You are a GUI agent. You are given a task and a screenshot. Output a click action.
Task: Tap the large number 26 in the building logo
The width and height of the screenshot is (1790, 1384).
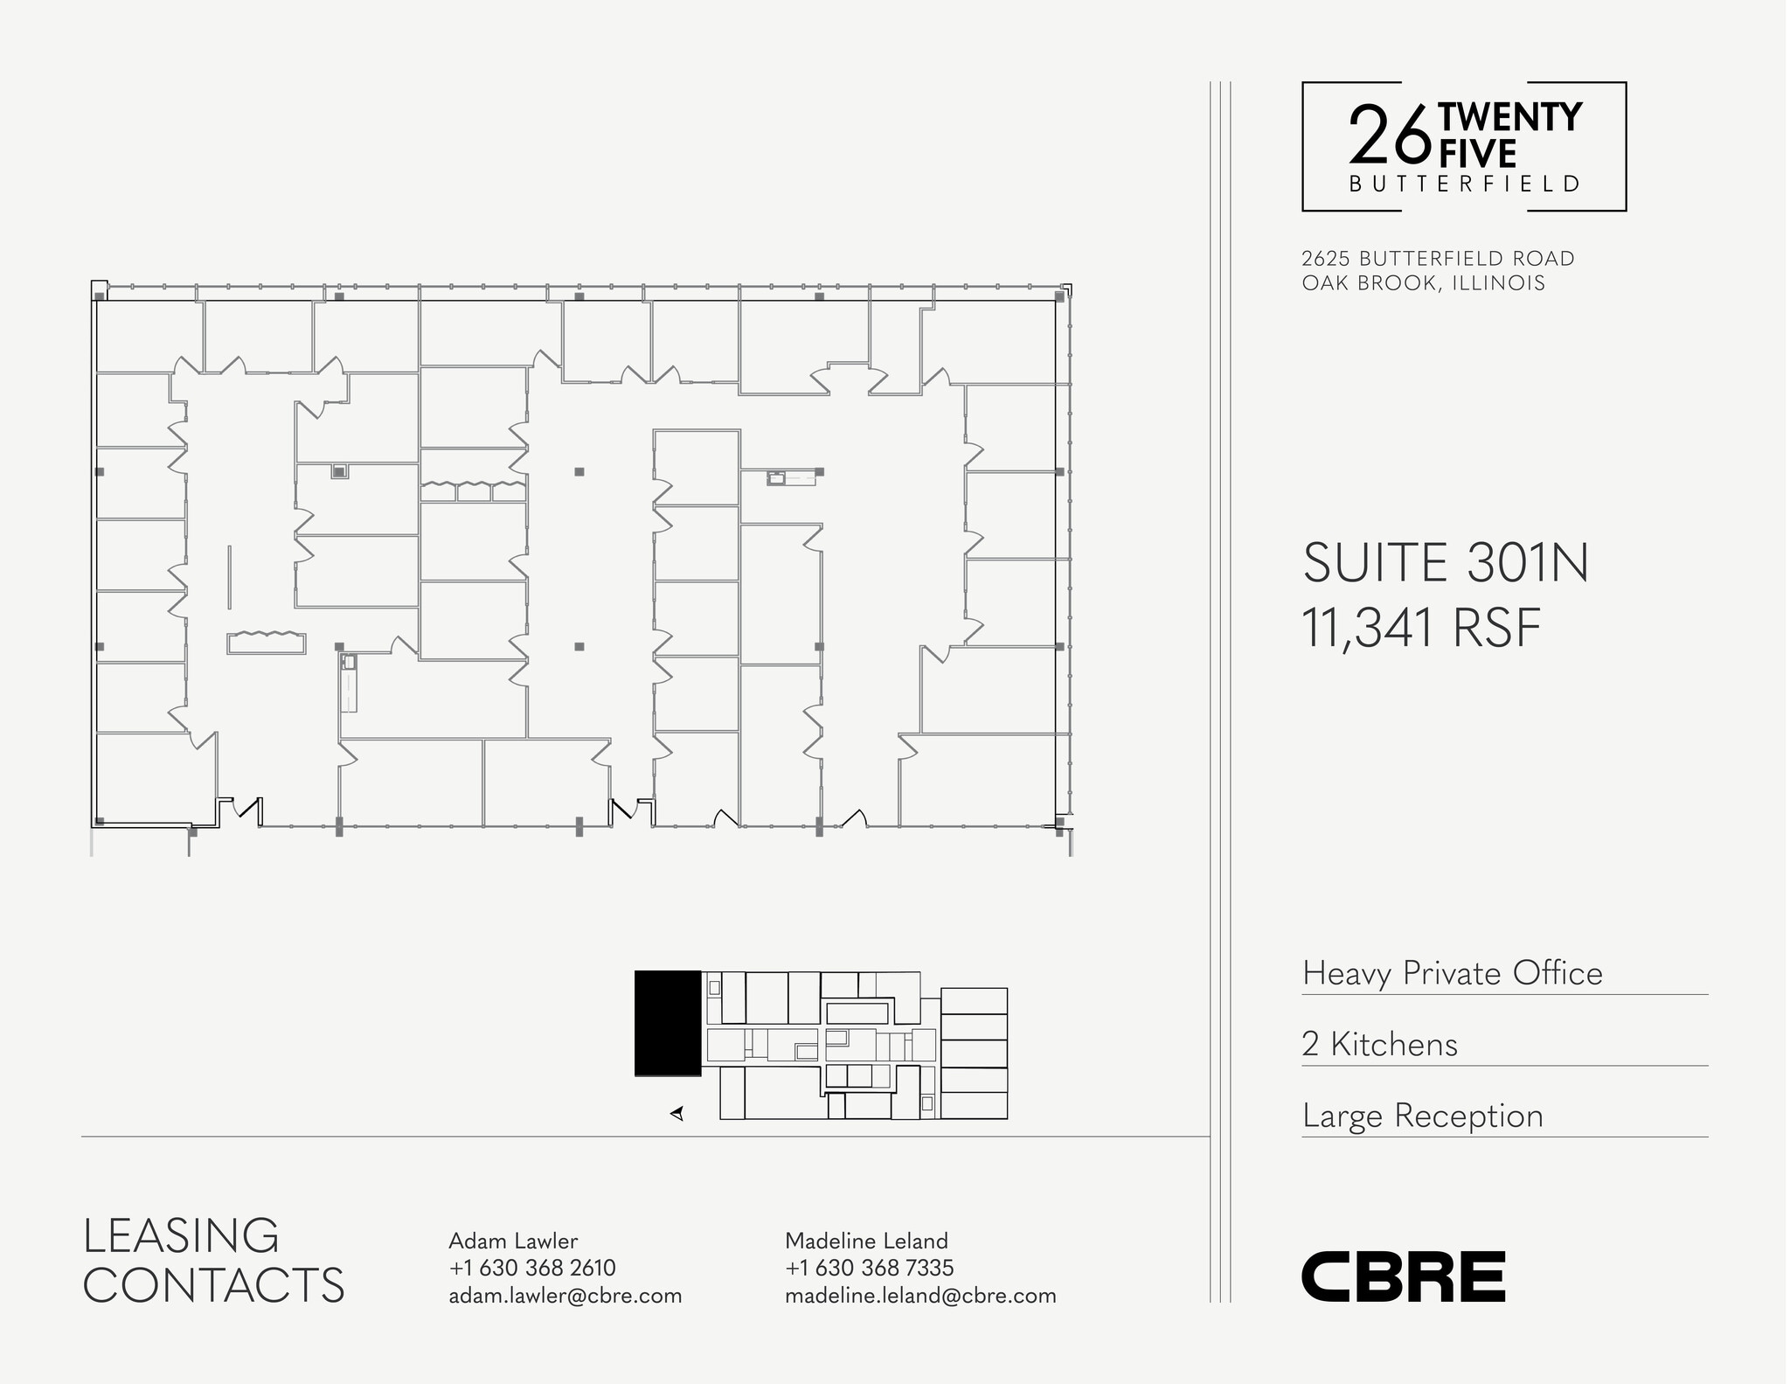click(1390, 136)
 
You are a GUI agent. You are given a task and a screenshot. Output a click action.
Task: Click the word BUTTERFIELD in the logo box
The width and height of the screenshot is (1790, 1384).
click(1465, 184)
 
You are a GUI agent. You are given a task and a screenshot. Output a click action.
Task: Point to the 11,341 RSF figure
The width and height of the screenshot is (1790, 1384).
click(1421, 628)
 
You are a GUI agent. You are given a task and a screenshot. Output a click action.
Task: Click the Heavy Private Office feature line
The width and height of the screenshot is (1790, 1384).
click(1453, 973)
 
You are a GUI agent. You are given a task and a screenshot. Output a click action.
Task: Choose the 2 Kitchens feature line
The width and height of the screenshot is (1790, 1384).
click(1379, 1044)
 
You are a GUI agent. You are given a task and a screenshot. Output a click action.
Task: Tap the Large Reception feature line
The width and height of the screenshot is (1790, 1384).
click(1423, 1116)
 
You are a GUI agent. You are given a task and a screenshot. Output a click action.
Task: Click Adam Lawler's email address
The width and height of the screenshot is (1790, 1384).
click(565, 1295)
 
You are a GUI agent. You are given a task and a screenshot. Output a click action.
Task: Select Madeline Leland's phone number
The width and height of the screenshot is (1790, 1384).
click(870, 1268)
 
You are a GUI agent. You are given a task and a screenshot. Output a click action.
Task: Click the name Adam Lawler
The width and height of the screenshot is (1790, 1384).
click(513, 1241)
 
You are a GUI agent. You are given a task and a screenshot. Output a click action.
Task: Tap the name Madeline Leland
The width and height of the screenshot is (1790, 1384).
click(866, 1241)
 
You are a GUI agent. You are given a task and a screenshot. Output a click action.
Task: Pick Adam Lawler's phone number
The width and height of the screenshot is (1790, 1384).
click(532, 1268)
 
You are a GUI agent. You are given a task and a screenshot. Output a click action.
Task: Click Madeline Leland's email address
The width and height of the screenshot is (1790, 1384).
click(920, 1295)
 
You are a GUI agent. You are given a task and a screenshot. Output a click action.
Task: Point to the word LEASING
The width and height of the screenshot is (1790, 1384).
click(181, 1235)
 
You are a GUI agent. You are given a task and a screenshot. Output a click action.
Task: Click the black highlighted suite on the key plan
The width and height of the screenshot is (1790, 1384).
click(668, 1023)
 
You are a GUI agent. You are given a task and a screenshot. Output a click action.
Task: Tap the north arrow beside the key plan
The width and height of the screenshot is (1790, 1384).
click(676, 1113)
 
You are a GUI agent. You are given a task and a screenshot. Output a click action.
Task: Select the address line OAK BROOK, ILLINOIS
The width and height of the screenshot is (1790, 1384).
click(1423, 283)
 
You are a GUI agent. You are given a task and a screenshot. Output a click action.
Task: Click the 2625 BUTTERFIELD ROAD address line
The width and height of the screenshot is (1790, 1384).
click(1438, 259)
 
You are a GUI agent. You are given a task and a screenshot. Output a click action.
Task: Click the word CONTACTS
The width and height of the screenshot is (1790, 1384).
click(214, 1285)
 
